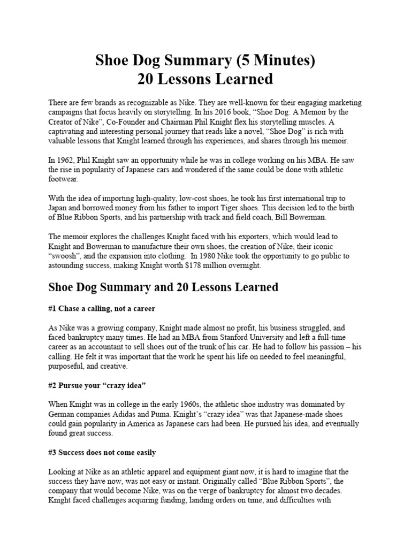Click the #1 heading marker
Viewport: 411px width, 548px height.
(52, 309)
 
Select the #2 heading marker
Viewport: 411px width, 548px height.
(52, 385)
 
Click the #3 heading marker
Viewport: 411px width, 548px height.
(52, 452)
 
